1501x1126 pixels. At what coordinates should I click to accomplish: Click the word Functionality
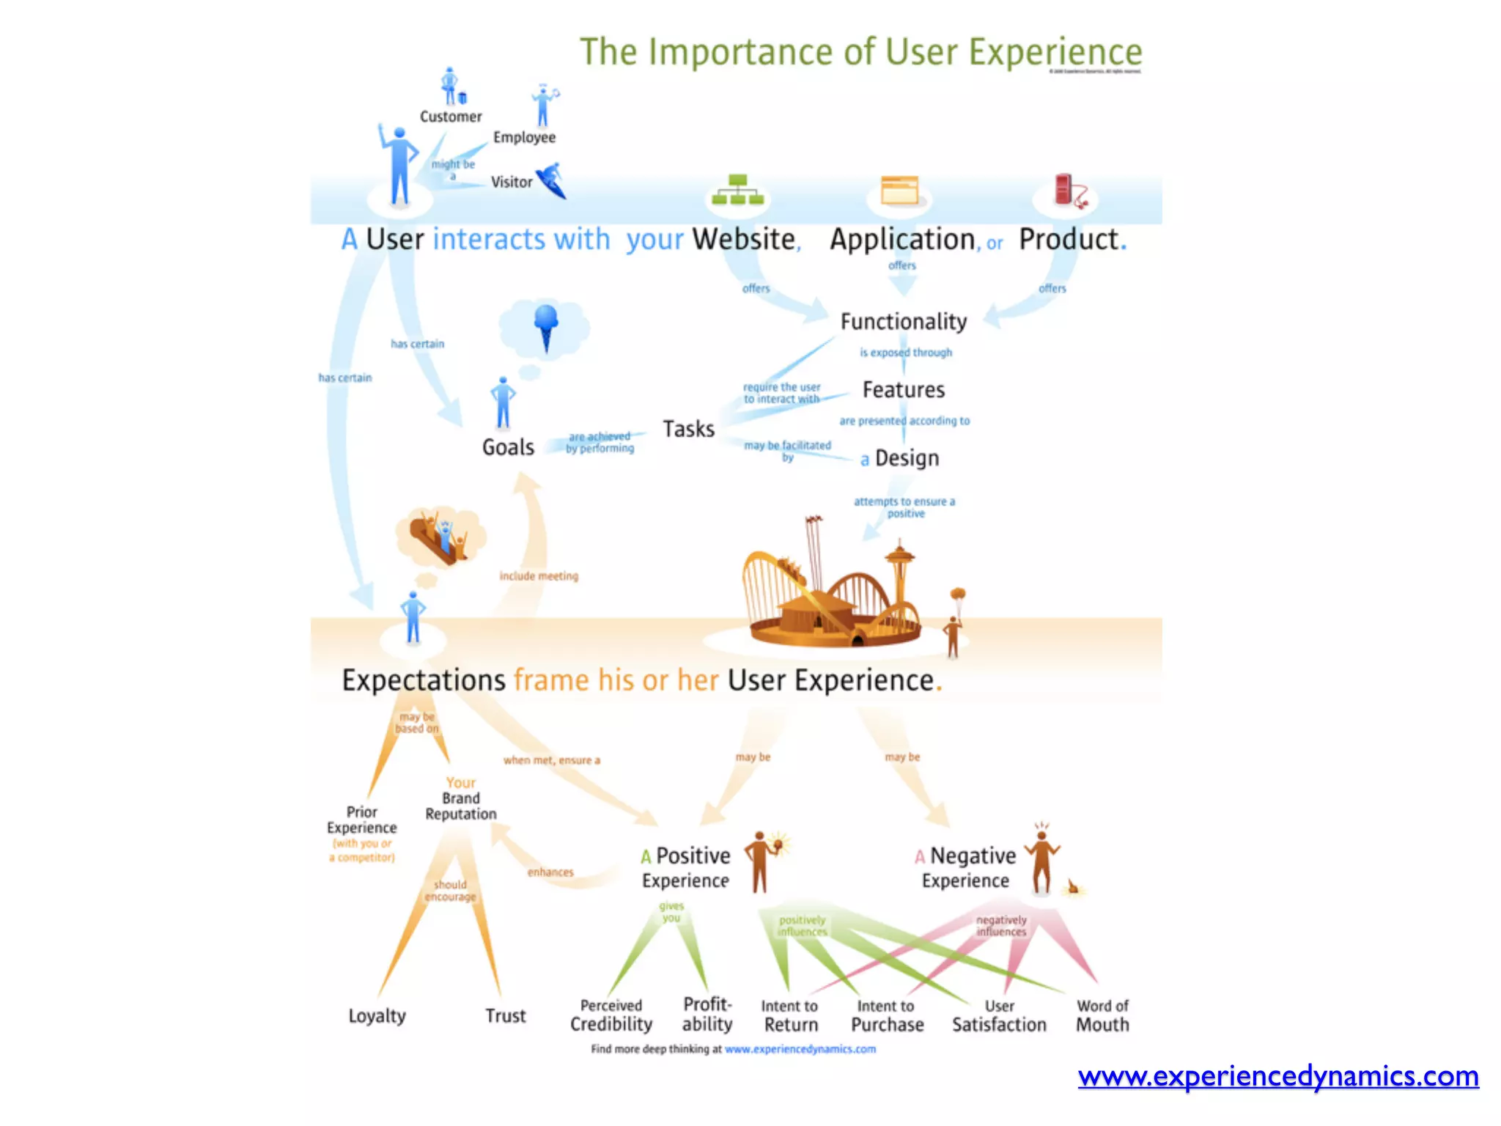tap(903, 322)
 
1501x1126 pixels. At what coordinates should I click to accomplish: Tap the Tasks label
tap(688, 429)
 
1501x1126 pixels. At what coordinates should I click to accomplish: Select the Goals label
tap(508, 447)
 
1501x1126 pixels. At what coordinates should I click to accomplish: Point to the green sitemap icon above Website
tap(738, 190)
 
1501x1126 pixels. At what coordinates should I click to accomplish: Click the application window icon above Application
tap(899, 191)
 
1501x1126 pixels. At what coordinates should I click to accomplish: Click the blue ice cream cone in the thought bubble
tap(546, 327)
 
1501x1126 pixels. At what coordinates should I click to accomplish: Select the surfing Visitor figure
tap(551, 180)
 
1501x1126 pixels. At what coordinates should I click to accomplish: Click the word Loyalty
tap(377, 1016)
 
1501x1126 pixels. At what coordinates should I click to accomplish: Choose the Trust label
tap(505, 1016)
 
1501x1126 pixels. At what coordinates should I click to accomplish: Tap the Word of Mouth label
tap(1102, 1016)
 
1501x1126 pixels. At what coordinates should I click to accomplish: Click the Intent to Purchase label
tap(887, 1016)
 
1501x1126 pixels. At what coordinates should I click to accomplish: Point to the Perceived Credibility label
tap(611, 1016)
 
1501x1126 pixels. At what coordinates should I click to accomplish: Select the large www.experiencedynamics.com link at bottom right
tap(1277, 1076)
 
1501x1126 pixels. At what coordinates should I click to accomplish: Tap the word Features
tap(903, 390)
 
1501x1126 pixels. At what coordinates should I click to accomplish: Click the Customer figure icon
tap(451, 87)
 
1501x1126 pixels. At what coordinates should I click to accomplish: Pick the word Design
tap(907, 459)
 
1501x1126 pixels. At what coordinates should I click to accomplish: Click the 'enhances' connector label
tap(550, 872)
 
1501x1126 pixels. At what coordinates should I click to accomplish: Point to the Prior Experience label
tap(361, 820)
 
